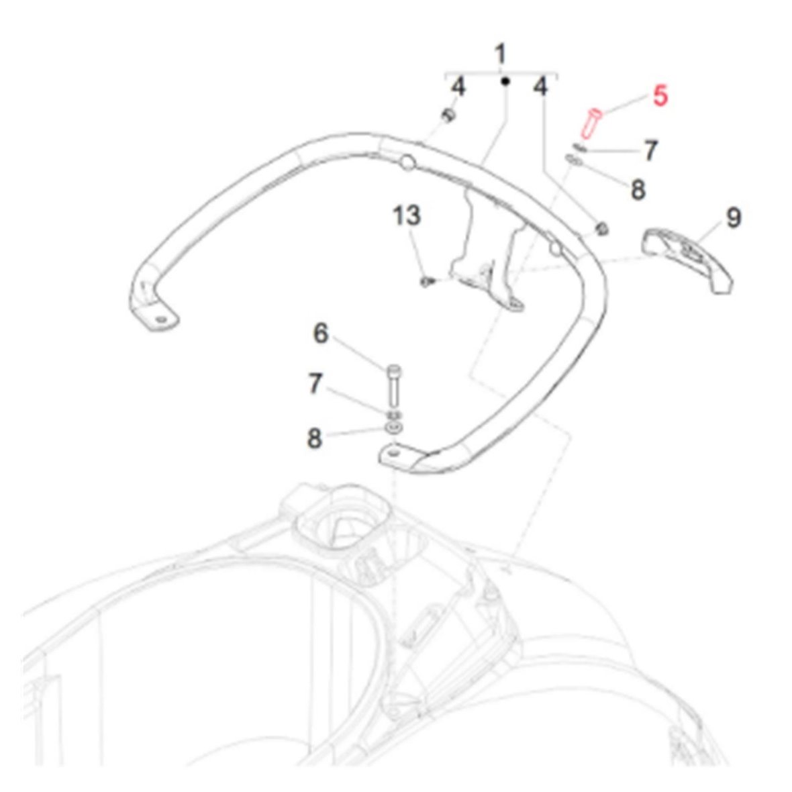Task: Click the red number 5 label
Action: pyautogui.click(x=660, y=95)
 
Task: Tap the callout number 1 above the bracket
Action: pyautogui.click(x=500, y=54)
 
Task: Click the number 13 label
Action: pyautogui.click(x=406, y=215)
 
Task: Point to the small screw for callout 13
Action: pyautogui.click(x=428, y=281)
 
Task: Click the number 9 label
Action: pyautogui.click(x=734, y=217)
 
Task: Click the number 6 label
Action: pyautogui.click(x=321, y=334)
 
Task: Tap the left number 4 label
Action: pyautogui.click(x=458, y=87)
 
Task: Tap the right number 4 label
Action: pyautogui.click(x=540, y=87)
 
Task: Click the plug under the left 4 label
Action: pyautogui.click(x=448, y=115)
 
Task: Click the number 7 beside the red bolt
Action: pyautogui.click(x=650, y=150)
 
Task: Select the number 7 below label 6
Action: pyautogui.click(x=315, y=383)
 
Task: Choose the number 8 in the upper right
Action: pyautogui.click(x=638, y=190)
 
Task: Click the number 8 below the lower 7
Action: pyautogui.click(x=314, y=438)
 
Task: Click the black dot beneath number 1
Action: pyautogui.click(x=505, y=81)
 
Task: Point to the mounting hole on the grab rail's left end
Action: pyautogui.click(x=160, y=320)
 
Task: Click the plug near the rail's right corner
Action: pyautogui.click(x=601, y=229)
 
